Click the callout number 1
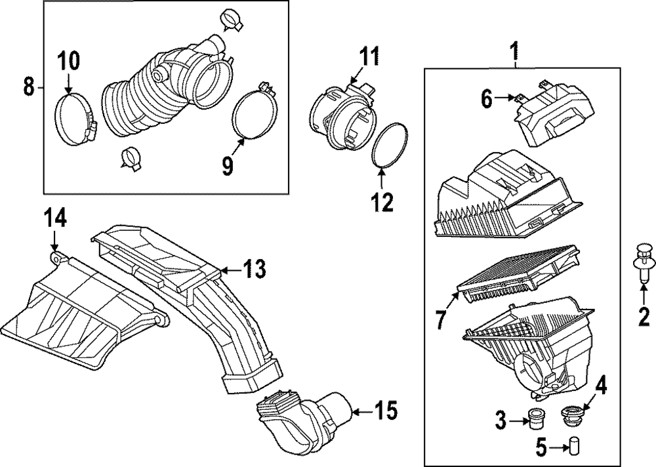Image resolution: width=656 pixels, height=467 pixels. pos(515,49)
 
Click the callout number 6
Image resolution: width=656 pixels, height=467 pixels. pos(486,99)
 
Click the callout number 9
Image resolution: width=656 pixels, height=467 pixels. pos(227,167)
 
